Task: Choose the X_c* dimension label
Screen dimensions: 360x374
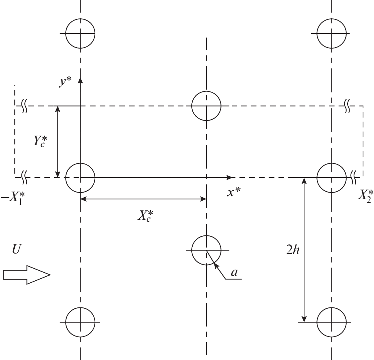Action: click(x=147, y=216)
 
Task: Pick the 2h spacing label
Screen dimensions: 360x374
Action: click(x=293, y=250)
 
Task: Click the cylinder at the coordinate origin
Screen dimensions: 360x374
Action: click(x=80, y=177)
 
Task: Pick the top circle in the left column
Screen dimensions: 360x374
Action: click(x=80, y=33)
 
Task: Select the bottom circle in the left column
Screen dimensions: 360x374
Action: click(x=80, y=322)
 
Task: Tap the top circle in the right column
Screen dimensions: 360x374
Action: click(x=332, y=33)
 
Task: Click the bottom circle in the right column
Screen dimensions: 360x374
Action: click(x=332, y=322)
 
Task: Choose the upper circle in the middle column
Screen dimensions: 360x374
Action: click(x=206, y=106)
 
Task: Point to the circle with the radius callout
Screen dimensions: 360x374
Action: click(x=206, y=250)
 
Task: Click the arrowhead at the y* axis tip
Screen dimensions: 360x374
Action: click(x=80, y=79)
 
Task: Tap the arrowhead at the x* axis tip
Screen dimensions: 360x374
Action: click(x=230, y=177)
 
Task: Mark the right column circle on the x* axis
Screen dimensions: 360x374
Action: click(x=332, y=177)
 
